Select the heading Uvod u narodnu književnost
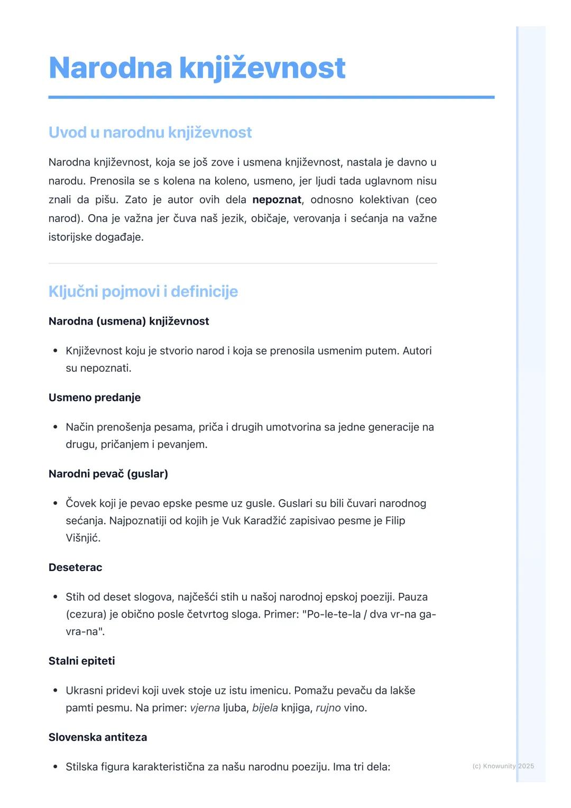[150, 132]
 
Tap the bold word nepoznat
[277, 200]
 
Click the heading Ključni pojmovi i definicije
[143, 291]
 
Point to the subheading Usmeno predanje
[95, 398]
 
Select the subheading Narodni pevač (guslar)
[108, 474]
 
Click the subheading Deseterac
[75, 567]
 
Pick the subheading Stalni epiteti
[81, 661]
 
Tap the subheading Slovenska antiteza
[98, 737]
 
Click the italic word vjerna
[205, 708]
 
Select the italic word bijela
[265, 708]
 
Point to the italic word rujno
[328, 708]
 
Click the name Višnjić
[82, 538]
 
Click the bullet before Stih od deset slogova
[55, 597]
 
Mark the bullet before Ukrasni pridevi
[55, 691]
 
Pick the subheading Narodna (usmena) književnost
[128, 322]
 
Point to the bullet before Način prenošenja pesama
[55, 427]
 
